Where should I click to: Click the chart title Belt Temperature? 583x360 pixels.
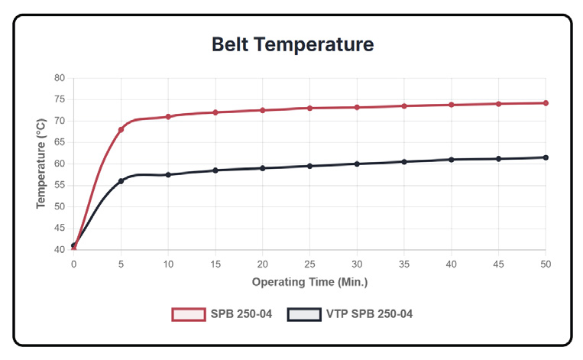pos(293,44)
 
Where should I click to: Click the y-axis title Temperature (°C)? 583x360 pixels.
pos(40,164)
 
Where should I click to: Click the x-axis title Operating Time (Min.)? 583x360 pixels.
pos(309,282)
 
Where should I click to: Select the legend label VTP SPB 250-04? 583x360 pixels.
pos(369,314)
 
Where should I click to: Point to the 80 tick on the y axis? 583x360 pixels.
pos(60,78)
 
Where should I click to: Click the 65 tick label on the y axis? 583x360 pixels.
pos(60,142)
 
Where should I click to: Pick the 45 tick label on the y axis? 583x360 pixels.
pos(60,228)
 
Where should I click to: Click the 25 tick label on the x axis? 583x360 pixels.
pos(309,264)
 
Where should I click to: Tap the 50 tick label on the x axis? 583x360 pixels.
pos(546,264)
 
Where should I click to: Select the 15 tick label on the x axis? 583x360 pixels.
pos(215,264)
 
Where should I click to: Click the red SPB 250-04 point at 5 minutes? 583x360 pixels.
pos(121,130)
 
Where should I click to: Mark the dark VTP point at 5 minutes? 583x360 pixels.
pos(121,181)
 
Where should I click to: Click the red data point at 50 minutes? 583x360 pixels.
pos(546,103)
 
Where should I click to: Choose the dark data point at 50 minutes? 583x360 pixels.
pos(546,157)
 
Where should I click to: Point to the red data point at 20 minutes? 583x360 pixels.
pos(263,110)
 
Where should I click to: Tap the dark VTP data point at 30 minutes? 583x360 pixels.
pos(357,164)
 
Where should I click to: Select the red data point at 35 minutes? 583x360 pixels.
pos(404,106)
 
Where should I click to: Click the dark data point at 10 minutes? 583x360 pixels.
pos(168,175)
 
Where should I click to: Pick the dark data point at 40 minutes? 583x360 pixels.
pos(452,160)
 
